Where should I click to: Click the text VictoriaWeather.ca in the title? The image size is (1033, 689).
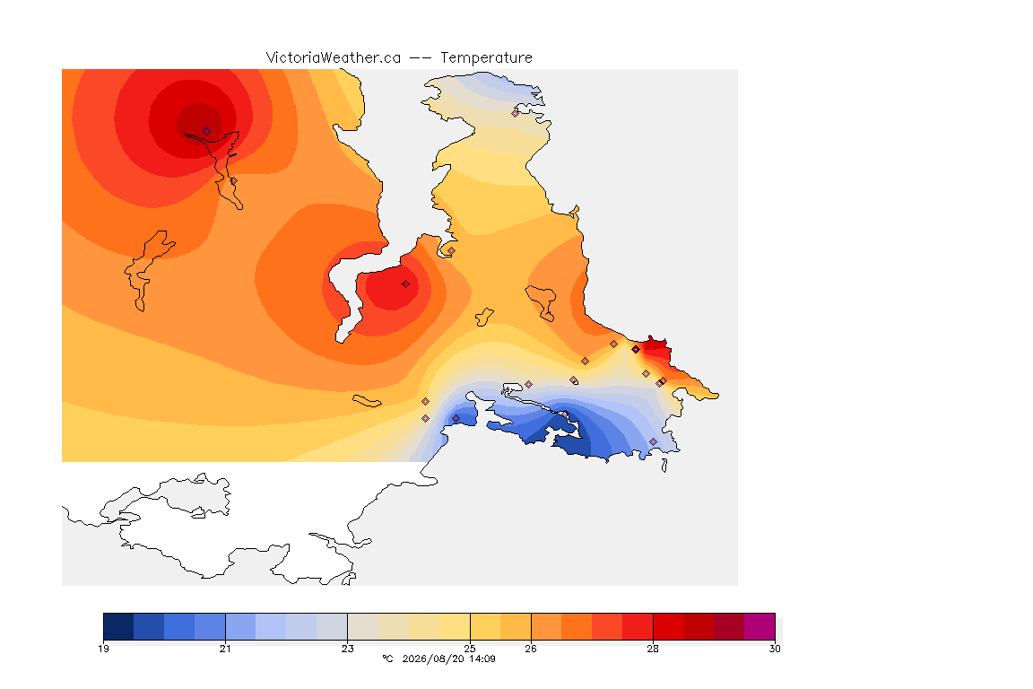click(334, 58)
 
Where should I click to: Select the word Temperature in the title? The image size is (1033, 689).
click(486, 58)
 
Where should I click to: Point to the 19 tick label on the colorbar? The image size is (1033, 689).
click(103, 649)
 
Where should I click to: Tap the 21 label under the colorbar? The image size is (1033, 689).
click(225, 649)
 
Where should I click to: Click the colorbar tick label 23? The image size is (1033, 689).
click(347, 649)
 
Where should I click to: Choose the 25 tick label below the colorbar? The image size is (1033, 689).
click(470, 649)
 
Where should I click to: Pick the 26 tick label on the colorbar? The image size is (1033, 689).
click(531, 649)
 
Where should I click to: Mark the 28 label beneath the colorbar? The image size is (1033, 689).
click(653, 649)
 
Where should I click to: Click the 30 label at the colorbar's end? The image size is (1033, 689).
click(775, 649)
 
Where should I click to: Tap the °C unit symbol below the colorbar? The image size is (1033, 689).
click(387, 658)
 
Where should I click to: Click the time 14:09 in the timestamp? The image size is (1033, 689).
click(482, 658)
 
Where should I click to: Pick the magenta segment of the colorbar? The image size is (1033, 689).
click(760, 626)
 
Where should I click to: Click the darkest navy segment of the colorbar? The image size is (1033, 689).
click(118, 626)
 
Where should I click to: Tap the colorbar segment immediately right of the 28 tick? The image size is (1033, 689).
click(668, 626)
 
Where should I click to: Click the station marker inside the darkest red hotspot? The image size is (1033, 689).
click(206, 131)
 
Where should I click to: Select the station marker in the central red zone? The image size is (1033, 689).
click(406, 284)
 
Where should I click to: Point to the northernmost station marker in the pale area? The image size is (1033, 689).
click(516, 113)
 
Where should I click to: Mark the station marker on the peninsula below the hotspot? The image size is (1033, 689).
click(233, 180)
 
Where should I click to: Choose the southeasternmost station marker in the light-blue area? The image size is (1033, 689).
click(653, 441)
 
